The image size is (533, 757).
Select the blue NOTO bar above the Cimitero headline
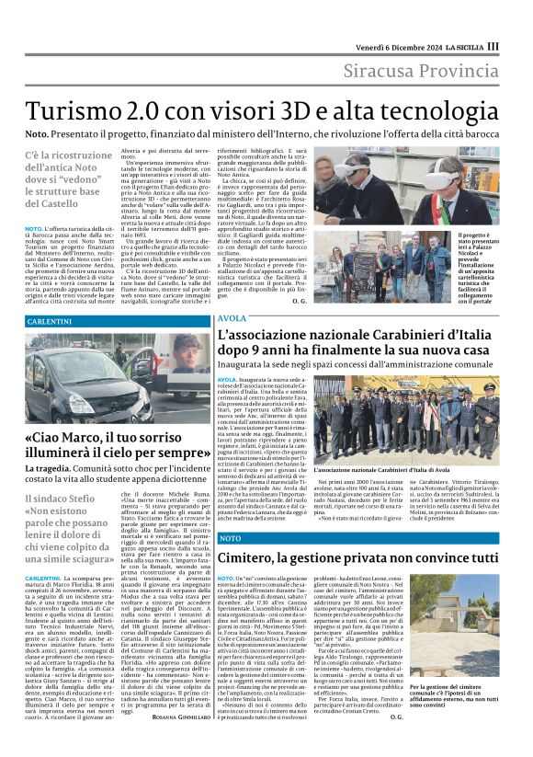pos(231,537)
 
